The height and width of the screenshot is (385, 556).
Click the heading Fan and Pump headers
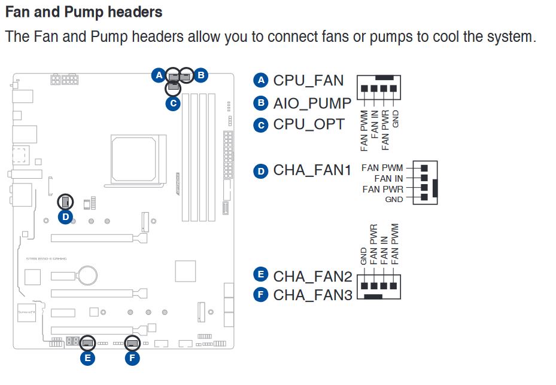(x=84, y=12)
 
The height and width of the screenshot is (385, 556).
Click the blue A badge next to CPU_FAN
(x=260, y=80)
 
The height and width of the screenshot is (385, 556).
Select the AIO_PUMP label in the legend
(x=312, y=103)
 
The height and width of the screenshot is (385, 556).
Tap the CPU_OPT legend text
(x=309, y=124)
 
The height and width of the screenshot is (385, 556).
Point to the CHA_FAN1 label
(x=312, y=171)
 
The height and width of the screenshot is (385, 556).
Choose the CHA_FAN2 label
(x=312, y=277)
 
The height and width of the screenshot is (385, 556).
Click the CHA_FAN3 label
(x=312, y=295)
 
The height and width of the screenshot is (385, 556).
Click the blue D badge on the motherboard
(x=66, y=217)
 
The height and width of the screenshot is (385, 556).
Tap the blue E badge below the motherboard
(x=87, y=359)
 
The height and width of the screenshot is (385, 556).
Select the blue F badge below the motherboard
(x=132, y=359)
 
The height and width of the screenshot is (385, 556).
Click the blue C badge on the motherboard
(x=173, y=103)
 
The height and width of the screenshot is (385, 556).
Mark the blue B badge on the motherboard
(x=201, y=75)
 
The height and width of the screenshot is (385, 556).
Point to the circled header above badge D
(x=66, y=201)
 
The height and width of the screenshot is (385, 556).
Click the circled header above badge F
(x=132, y=343)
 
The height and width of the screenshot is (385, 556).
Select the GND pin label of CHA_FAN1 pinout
(x=394, y=200)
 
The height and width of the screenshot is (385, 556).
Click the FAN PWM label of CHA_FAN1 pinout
(x=382, y=168)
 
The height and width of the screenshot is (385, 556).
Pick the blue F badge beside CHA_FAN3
(x=260, y=295)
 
